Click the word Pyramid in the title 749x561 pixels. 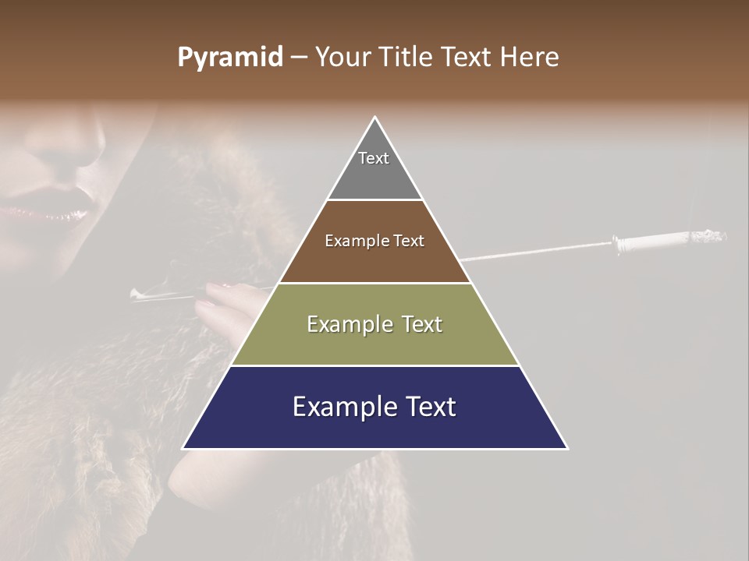point(230,58)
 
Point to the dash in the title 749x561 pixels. point(299,58)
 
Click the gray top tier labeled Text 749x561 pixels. point(374,168)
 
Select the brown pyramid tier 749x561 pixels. point(374,257)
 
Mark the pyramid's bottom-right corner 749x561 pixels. point(566,448)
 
